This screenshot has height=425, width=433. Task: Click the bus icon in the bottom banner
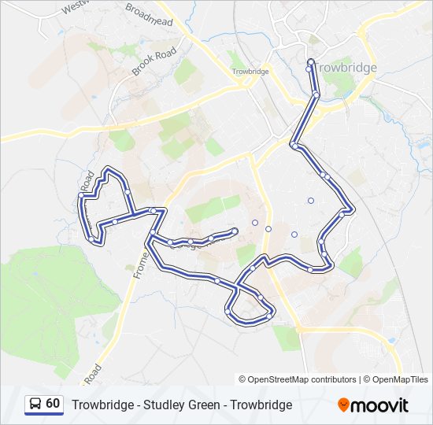tap(35, 405)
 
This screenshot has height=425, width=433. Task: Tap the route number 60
tap(53, 404)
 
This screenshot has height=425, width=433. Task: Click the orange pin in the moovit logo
tap(344, 405)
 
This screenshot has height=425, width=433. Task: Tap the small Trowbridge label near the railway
tap(250, 72)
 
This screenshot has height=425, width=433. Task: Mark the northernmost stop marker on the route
tap(310, 62)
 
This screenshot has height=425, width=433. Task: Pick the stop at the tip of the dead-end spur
tap(235, 231)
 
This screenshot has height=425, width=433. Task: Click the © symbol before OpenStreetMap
tap(243, 379)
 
